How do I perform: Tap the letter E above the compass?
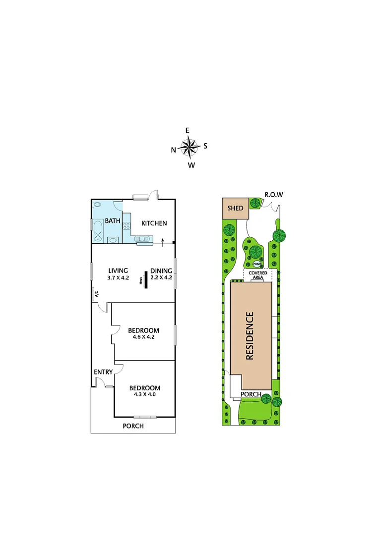tap(188, 130)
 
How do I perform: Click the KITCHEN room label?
tap(154, 223)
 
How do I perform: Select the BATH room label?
tap(112, 221)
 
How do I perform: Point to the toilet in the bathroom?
tap(97, 205)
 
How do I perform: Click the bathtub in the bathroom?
tap(97, 231)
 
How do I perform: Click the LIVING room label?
tap(118, 271)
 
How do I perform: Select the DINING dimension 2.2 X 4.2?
tap(161, 278)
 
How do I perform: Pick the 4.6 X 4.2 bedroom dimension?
tap(143, 338)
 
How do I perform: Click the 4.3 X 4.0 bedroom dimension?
tap(145, 395)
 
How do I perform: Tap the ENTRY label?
tap(103, 372)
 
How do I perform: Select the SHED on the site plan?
tap(235, 208)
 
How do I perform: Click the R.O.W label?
tap(274, 195)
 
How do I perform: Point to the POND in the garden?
tap(257, 265)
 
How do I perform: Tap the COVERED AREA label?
tap(258, 275)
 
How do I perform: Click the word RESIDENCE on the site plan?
tap(250, 335)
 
